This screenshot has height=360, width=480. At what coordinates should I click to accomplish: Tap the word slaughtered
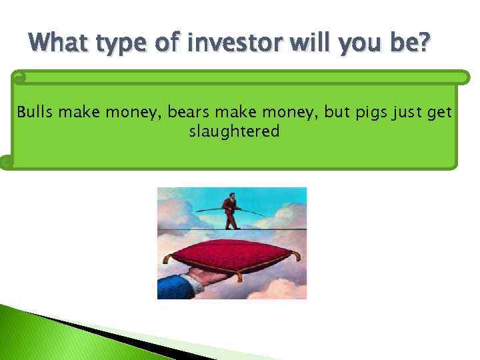point(234,131)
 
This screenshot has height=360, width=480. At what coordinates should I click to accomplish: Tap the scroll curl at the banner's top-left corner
point(19,77)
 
